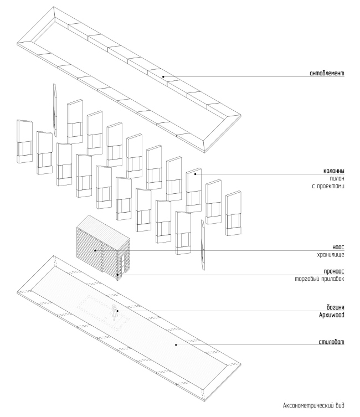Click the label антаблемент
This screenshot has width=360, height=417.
pyautogui.click(x=326, y=73)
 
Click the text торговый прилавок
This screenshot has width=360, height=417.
pyautogui.click(x=320, y=280)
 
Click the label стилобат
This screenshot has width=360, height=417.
pyautogui.click(x=331, y=342)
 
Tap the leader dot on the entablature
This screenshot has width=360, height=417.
pyautogui.click(x=163, y=76)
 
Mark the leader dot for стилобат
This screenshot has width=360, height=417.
pyautogui.click(x=176, y=345)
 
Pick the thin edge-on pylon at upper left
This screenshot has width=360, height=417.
pyautogui.click(x=54, y=109)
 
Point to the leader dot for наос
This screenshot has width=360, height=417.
pyautogui.click(x=95, y=250)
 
